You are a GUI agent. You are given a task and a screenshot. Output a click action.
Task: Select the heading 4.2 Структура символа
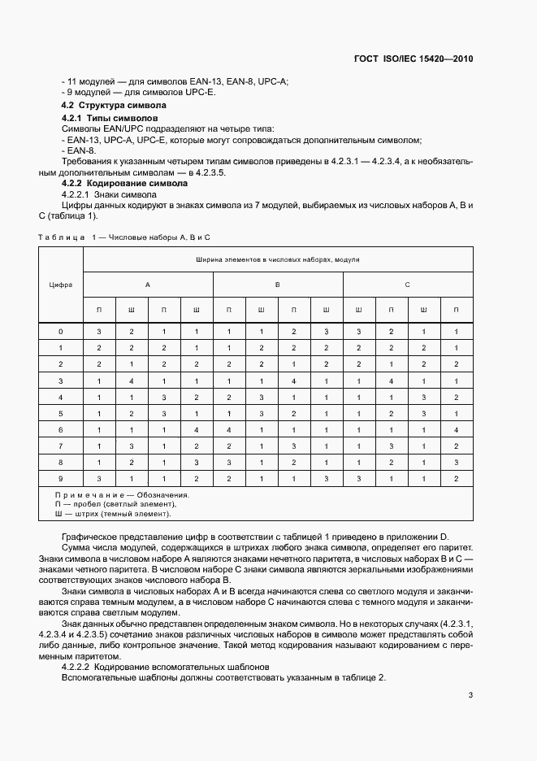click(114, 106)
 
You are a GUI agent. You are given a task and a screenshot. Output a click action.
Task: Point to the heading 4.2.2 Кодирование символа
click(120, 184)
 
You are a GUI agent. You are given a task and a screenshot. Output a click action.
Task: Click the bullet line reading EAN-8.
click(80, 151)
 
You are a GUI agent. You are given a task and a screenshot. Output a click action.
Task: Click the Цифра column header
click(61, 285)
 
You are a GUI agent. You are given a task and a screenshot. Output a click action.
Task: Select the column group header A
click(147, 285)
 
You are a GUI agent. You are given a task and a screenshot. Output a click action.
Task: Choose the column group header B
click(277, 285)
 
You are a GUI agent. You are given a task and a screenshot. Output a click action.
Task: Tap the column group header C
click(407, 285)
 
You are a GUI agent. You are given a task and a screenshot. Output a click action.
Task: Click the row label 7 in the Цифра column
click(61, 446)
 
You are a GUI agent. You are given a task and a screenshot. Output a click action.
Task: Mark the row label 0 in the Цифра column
click(61, 332)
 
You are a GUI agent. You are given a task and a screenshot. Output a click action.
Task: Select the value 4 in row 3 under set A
click(131, 380)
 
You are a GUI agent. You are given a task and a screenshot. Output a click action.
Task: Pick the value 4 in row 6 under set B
click(228, 429)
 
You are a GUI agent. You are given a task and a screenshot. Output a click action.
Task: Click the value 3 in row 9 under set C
click(358, 478)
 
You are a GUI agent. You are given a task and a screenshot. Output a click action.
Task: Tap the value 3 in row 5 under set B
click(261, 413)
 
